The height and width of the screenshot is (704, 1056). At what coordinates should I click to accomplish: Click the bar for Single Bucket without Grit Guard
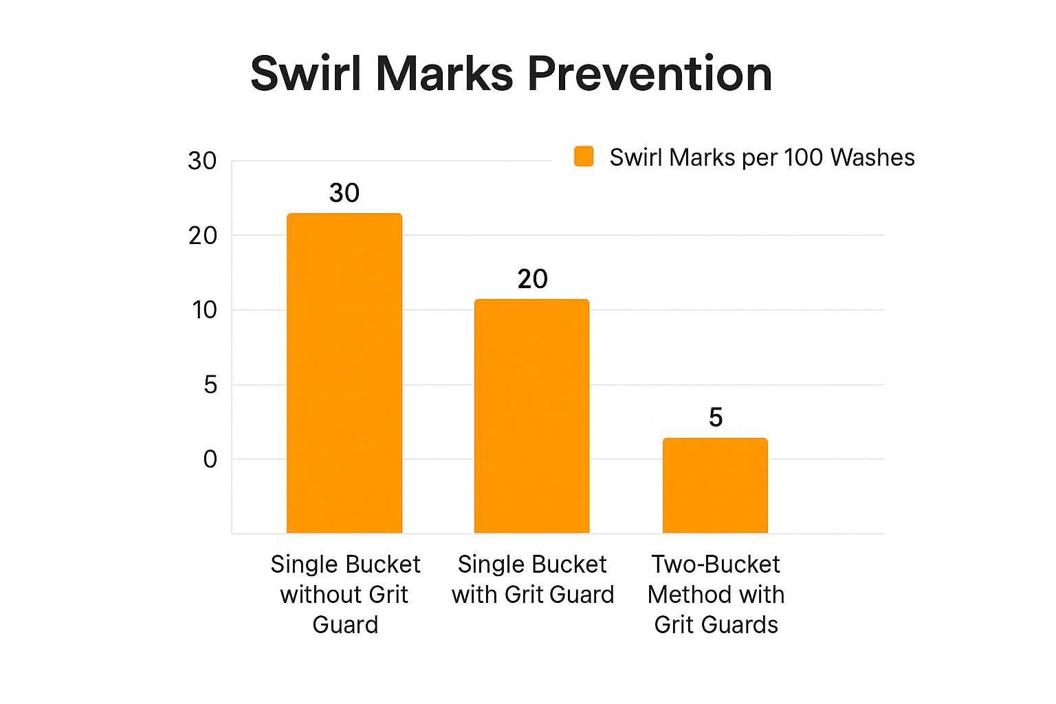(344, 373)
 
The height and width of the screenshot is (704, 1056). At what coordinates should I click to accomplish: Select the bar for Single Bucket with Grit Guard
(531, 416)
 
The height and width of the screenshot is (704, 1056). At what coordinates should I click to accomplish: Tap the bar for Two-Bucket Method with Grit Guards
(715, 485)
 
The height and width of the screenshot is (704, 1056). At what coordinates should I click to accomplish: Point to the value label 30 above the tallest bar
(344, 193)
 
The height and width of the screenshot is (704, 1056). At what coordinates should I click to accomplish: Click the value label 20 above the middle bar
(532, 279)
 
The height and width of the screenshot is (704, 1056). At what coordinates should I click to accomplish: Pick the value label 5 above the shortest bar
(716, 417)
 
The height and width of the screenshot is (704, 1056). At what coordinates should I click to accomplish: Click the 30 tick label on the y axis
(202, 161)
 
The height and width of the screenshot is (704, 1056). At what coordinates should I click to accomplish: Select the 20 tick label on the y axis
(203, 236)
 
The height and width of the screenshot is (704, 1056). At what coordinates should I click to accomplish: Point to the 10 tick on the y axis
(204, 310)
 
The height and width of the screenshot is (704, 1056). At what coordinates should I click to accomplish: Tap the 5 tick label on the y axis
(210, 385)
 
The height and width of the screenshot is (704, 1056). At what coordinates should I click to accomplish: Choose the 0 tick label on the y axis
(210, 459)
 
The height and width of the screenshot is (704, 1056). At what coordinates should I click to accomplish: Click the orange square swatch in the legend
(584, 157)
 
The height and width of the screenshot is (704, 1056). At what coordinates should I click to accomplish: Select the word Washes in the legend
(872, 157)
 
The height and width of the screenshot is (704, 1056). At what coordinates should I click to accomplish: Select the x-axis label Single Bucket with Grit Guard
(532, 580)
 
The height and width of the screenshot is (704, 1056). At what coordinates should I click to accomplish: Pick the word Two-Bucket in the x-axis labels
(716, 564)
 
